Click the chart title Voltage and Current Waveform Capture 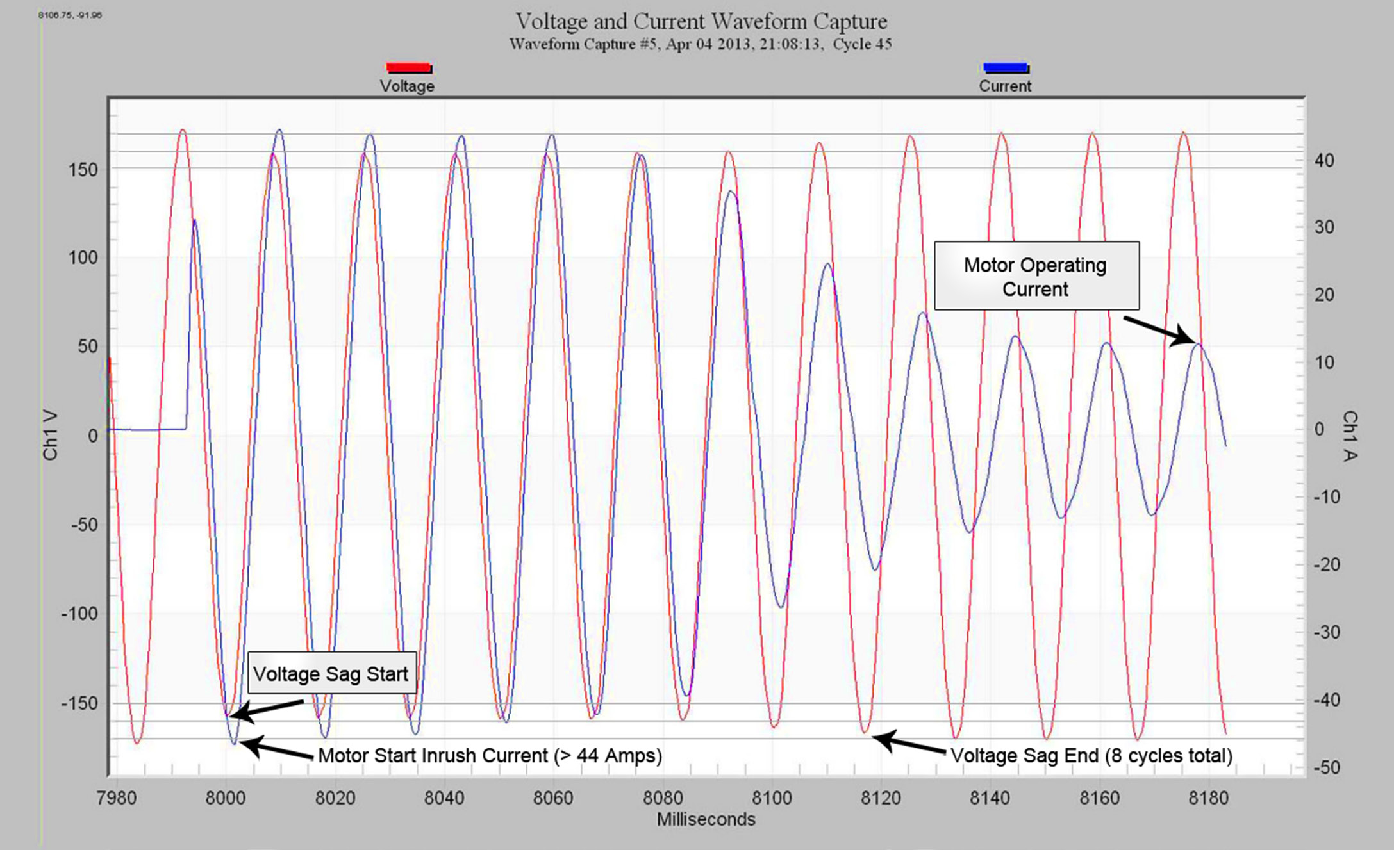pos(701,21)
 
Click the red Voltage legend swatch pos(408,67)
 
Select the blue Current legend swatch pos(1005,67)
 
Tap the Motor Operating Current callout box pos(1036,276)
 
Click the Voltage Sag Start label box pos(331,673)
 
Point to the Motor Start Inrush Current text pos(490,755)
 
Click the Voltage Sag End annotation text pos(1091,755)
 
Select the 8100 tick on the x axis pos(772,798)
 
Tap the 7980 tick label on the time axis pos(117,798)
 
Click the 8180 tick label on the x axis pos(1207,798)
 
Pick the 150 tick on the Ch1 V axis pos(83,170)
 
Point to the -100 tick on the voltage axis pos(80,614)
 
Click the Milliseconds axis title pos(706,819)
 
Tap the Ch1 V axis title pos(50,436)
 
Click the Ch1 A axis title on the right pos(1349,436)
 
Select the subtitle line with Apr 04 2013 pos(701,44)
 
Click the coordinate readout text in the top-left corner pos(70,15)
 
